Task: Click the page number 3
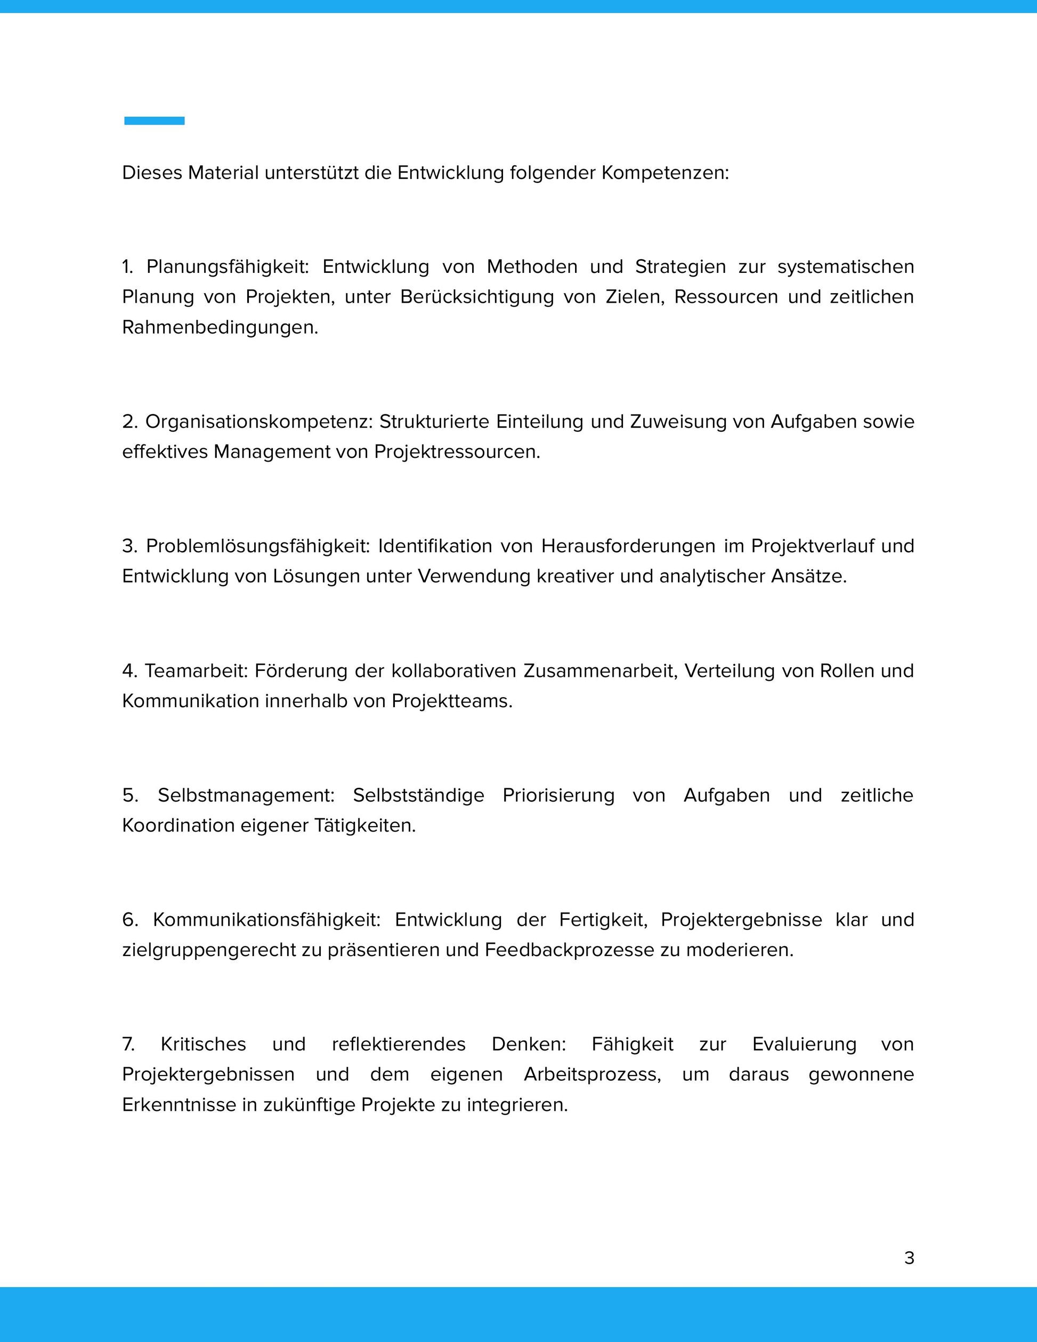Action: (909, 1258)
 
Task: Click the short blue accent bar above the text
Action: (154, 121)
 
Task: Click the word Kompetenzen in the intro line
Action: (665, 173)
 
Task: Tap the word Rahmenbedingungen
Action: (220, 328)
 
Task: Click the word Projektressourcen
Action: (457, 452)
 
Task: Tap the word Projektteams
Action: (451, 701)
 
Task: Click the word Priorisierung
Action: (558, 795)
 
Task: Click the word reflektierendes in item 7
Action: (399, 1045)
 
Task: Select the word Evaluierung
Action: (804, 1045)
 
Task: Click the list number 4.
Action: (128, 670)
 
